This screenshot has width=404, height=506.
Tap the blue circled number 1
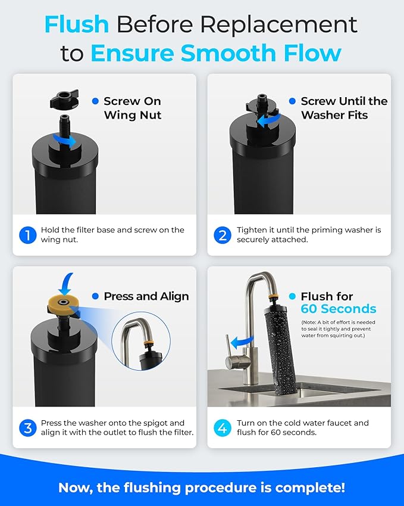coord(27,235)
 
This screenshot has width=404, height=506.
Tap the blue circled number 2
coord(222,235)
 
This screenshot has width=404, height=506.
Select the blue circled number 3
coord(27,427)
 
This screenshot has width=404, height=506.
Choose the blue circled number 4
coord(222,427)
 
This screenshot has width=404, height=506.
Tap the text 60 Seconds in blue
coord(338,309)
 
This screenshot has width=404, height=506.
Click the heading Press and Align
coord(146,296)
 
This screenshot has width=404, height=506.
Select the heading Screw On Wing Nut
coord(132,108)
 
